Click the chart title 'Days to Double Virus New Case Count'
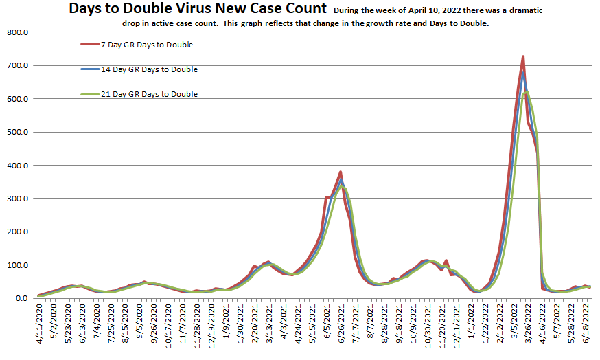point(197,9)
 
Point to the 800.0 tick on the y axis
point(15,33)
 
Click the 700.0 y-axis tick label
point(15,66)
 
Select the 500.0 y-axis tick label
point(15,133)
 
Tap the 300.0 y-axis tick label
point(15,199)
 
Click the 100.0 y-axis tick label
point(15,265)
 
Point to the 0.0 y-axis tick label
point(20,298)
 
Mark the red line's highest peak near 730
point(523,56)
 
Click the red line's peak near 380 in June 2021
point(341,172)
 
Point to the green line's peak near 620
point(527,92)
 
